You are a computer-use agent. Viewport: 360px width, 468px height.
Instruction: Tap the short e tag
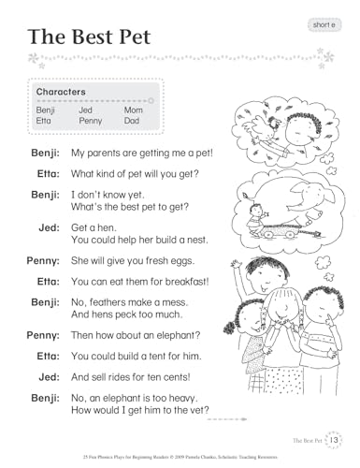[x=323, y=22]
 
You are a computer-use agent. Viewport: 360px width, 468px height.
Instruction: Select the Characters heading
[x=61, y=93]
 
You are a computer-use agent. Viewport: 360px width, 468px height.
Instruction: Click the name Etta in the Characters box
[x=44, y=121]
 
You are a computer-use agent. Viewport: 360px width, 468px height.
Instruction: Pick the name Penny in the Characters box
[x=91, y=121]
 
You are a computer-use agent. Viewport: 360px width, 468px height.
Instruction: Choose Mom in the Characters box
[x=134, y=110]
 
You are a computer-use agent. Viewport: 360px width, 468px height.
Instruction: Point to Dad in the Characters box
[x=133, y=121]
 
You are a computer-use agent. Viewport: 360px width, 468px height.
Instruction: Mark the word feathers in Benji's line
[x=110, y=302]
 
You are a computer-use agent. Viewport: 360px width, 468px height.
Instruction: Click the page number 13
[x=336, y=438]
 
